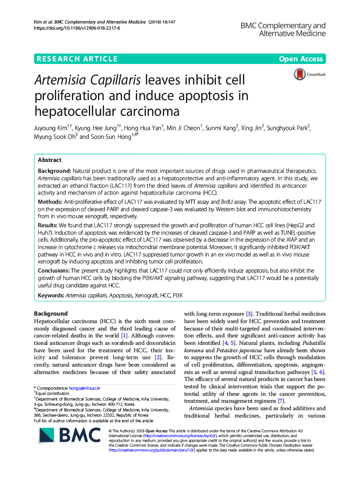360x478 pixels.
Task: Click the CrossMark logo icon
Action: pos(299,74)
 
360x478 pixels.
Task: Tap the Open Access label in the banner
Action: pos(301,59)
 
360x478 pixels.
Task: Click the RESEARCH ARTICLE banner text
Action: pos(77,59)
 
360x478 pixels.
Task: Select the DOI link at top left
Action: pos(77,28)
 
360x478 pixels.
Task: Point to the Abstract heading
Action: pos(50,160)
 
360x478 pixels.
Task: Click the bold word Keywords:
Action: pos(51,296)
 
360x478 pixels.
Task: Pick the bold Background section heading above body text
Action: pos(51,313)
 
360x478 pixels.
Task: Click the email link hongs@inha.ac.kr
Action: pos(85,388)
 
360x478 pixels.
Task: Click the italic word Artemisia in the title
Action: pos(59,80)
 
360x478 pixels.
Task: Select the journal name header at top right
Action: pos(283,29)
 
